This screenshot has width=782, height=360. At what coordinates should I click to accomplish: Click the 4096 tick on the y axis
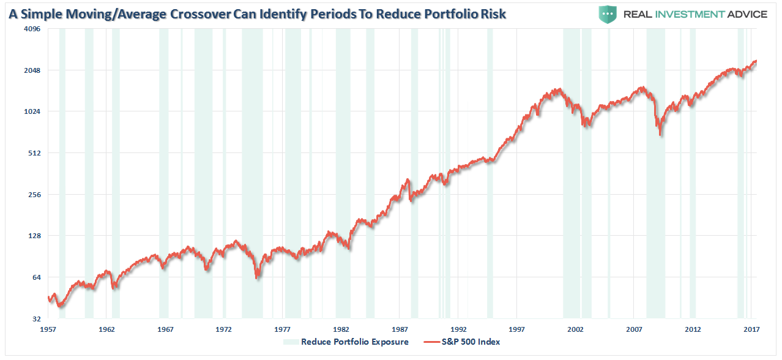[31, 29]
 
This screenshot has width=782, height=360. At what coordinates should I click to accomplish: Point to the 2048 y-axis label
[31, 70]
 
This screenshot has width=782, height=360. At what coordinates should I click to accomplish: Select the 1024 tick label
[31, 111]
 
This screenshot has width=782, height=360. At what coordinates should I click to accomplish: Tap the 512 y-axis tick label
[32, 153]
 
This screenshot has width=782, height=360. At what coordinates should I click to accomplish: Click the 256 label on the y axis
[32, 195]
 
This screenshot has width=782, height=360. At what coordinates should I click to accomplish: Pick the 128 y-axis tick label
[32, 236]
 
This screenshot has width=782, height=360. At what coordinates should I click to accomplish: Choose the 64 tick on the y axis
[34, 277]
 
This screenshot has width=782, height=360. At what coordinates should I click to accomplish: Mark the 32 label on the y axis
[34, 319]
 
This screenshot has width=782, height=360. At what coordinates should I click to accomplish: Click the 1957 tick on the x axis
[48, 329]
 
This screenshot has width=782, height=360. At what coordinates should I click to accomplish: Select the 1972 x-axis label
[224, 329]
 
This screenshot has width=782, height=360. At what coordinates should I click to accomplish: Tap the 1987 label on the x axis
[400, 329]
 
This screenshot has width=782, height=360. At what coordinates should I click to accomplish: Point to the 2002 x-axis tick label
[576, 329]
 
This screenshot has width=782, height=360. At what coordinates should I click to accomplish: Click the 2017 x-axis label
[751, 329]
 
